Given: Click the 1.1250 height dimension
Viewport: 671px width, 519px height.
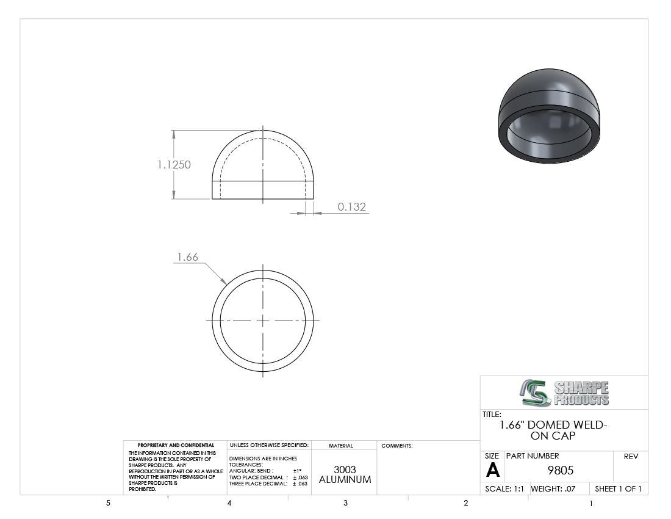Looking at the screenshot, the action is (x=174, y=165).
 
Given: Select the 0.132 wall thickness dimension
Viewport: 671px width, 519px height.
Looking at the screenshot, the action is (x=352, y=207).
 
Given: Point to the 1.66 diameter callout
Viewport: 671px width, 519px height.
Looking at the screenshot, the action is (x=187, y=257).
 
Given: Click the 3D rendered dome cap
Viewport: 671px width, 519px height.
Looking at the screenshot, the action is (x=549, y=115).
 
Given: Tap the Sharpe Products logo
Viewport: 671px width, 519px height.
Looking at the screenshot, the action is (x=564, y=393).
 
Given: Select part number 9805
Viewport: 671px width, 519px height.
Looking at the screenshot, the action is (x=560, y=471).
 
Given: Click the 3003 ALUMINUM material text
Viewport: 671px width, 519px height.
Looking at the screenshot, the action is (x=345, y=475).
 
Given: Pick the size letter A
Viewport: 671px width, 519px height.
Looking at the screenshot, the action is (x=492, y=471).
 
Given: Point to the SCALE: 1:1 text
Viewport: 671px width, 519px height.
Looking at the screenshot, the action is (x=504, y=489).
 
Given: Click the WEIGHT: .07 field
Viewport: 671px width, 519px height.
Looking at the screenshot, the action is (x=553, y=489).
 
